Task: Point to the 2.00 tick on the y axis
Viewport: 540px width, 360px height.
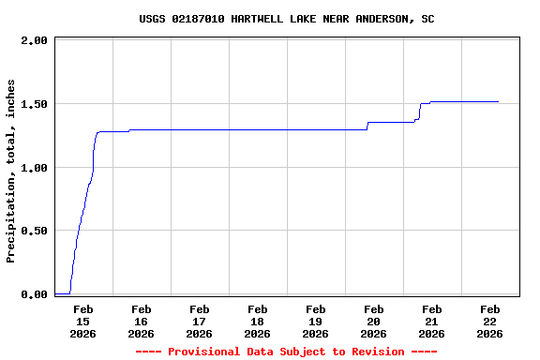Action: [x=34, y=41]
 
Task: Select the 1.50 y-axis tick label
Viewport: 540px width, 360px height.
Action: [x=34, y=104]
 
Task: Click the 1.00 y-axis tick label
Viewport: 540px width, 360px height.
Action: [x=34, y=168]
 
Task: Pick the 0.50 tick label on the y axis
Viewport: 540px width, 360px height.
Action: [x=34, y=231]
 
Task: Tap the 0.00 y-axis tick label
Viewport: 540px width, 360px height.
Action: [x=34, y=294]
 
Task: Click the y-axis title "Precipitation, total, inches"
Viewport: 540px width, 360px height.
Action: [x=11, y=171]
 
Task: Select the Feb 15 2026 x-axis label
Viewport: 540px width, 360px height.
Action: [x=82, y=321]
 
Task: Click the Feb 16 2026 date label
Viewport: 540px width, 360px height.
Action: [x=141, y=321]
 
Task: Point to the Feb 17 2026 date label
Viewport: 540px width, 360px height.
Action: [x=199, y=321]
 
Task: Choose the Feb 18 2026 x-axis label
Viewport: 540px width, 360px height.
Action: [x=257, y=321]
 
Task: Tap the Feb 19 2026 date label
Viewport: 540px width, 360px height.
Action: [x=315, y=321]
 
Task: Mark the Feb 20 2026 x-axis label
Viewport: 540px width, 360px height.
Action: [x=373, y=321]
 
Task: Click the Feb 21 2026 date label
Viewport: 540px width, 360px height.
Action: [x=431, y=321]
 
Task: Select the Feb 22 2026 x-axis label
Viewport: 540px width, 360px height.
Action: [x=489, y=321]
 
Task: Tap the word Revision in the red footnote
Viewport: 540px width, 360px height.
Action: [x=375, y=352]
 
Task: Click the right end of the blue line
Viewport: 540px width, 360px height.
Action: [x=498, y=101]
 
